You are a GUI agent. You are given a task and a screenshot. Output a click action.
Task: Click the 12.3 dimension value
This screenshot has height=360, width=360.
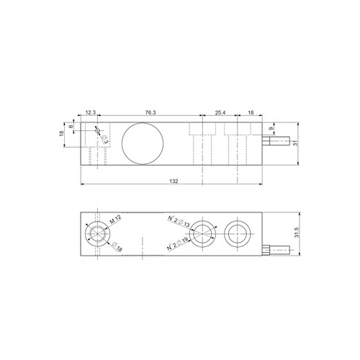[91, 114]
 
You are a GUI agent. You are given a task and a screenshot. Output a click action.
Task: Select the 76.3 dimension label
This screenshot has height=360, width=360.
[151, 114]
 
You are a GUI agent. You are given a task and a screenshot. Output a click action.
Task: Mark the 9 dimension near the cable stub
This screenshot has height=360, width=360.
[270, 130]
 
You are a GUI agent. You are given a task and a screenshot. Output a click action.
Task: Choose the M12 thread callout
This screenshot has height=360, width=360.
[114, 217]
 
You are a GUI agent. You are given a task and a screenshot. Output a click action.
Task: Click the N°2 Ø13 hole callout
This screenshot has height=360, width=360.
[178, 219]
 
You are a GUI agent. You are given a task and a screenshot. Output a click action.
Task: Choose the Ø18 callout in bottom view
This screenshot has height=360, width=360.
[116, 248]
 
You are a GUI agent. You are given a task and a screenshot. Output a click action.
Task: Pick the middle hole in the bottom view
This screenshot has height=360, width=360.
[204, 232]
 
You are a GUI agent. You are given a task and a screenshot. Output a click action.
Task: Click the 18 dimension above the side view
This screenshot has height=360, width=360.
[249, 114]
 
